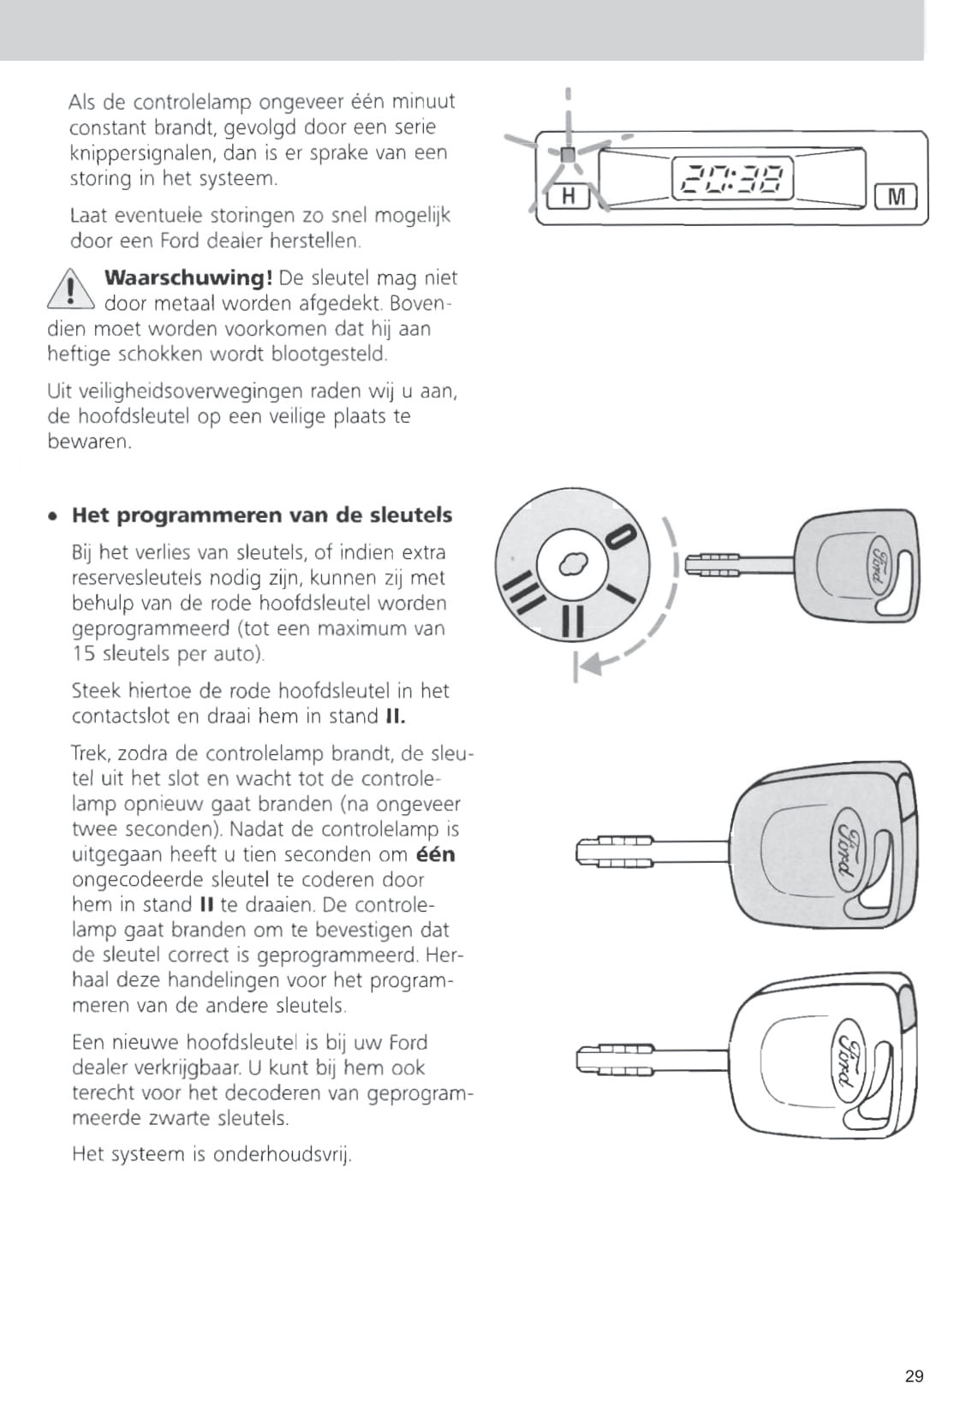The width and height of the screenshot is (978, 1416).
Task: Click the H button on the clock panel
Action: point(567,197)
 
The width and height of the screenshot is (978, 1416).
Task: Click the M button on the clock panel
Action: point(896,197)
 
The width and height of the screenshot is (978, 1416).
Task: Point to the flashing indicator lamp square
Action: point(567,155)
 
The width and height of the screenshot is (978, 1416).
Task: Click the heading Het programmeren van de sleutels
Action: point(262,515)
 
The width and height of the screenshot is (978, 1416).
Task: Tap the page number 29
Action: point(914,1377)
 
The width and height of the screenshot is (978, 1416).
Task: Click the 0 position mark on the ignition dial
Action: point(621,538)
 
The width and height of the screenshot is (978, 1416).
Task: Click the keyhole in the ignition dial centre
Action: point(572,562)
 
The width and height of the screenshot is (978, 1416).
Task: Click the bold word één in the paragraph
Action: point(436,854)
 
